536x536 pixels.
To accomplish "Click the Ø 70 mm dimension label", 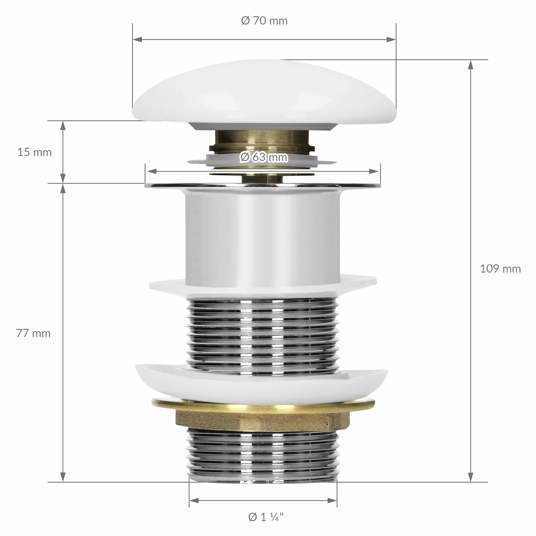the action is [x=264, y=21].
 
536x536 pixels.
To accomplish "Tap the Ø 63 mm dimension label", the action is [x=264, y=157].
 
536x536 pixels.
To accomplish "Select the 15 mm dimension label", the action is [x=34, y=152].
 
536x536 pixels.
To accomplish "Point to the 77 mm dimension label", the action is [x=33, y=333].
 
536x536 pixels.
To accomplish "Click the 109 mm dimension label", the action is [x=500, y=269].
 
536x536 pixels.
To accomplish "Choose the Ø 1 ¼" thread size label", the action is [x=266, y=517].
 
